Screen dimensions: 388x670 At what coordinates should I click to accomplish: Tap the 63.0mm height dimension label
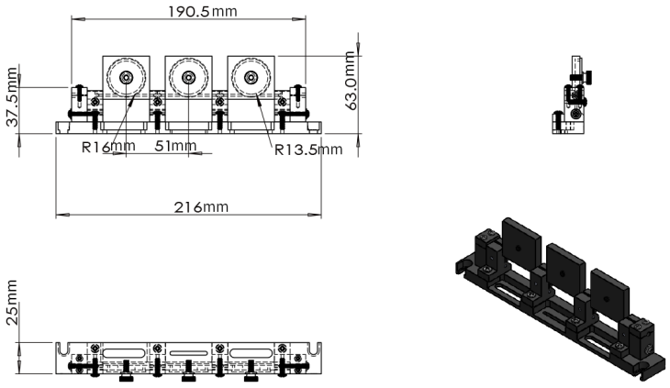[x=350, y=81]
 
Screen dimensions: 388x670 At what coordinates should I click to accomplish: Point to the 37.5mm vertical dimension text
[x=12, y=96]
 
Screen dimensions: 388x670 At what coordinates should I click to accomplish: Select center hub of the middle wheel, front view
[x=188, y=78]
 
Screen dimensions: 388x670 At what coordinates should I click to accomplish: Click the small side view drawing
[x=570, y=96]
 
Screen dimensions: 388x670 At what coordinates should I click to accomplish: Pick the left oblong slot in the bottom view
[x=126, y=352]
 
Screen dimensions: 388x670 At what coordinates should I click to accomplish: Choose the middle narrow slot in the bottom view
[x=187, y=352]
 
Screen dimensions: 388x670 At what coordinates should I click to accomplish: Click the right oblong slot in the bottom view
[x=250, y=352]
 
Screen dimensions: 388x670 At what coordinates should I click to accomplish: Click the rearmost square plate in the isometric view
[x=519, y=244]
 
